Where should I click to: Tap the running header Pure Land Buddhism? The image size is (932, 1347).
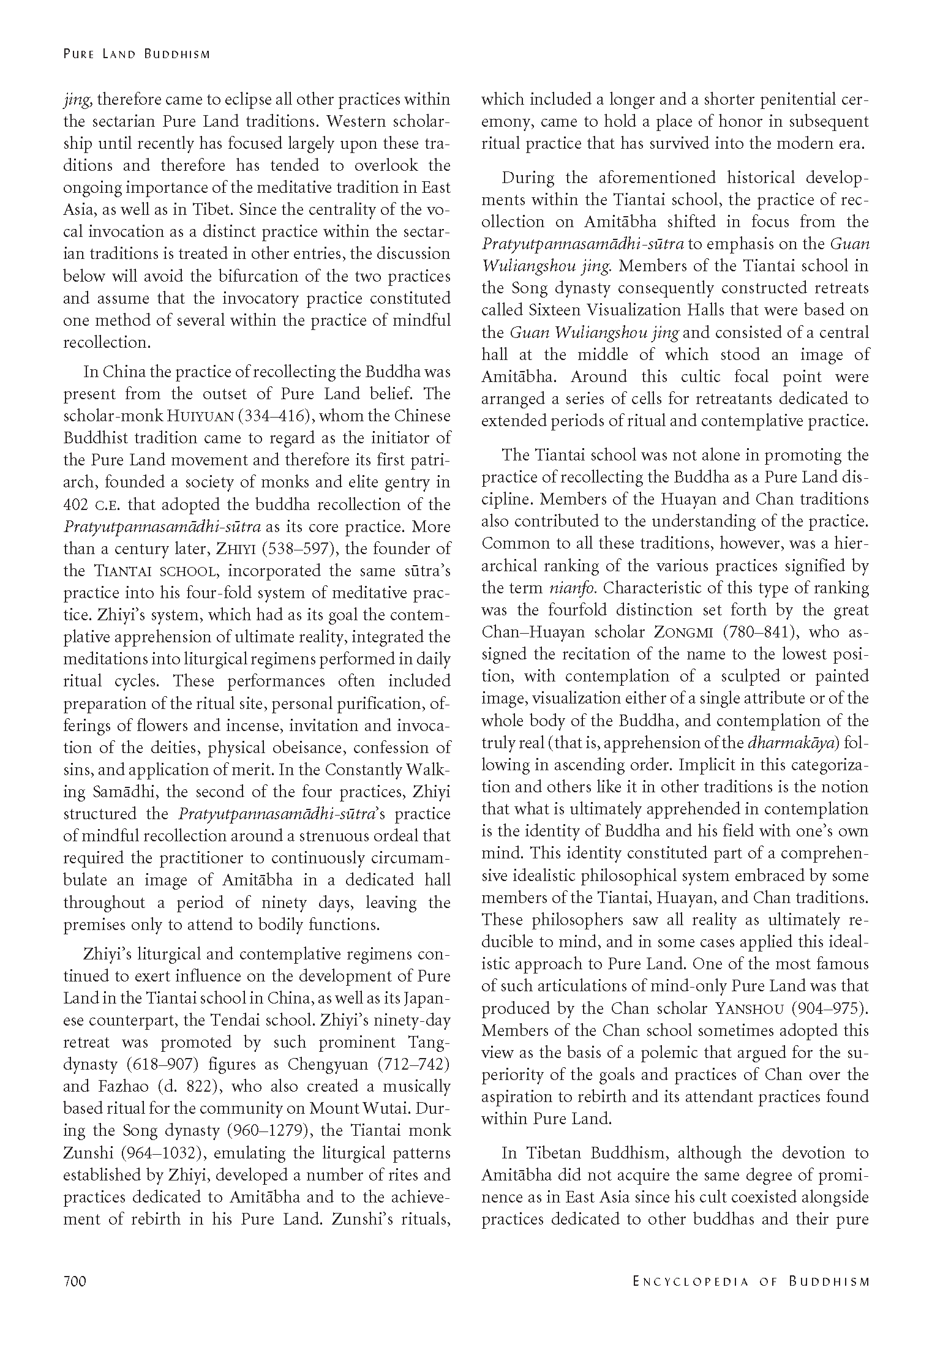point(137,54)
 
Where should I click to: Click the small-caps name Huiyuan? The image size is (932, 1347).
point(201,416)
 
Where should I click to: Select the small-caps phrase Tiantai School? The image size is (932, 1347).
point(156,571)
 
